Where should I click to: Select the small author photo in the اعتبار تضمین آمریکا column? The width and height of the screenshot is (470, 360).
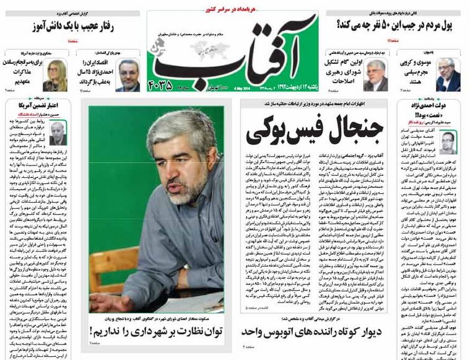[x=58, y=132]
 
